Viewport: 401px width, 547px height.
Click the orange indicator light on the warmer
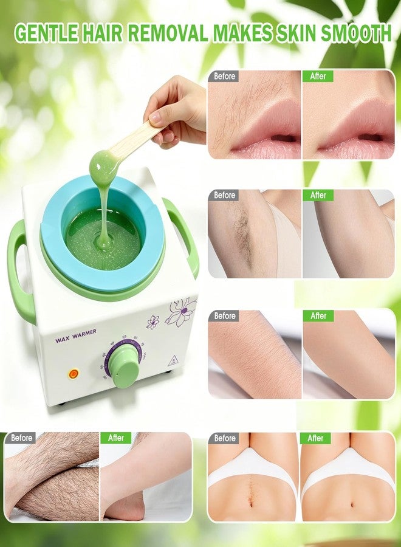pos(74,374)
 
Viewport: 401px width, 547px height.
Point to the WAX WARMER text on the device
pos(76,332)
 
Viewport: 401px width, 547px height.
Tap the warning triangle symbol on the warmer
pos(173,361)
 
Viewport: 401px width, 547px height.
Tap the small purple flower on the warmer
pos(153,322)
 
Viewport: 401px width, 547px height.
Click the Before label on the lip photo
pos(224,76)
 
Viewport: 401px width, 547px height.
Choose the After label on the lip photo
pos(318,76)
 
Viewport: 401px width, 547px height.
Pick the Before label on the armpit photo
pos(224,195)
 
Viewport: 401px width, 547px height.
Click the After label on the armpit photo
pos(318,195)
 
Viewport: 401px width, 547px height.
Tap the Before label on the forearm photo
pos(224,315)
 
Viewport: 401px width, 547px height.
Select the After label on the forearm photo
pos(318,315)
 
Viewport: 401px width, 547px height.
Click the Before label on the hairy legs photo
pos(21,438)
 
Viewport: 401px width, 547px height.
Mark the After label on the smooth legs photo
pos(116,438)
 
